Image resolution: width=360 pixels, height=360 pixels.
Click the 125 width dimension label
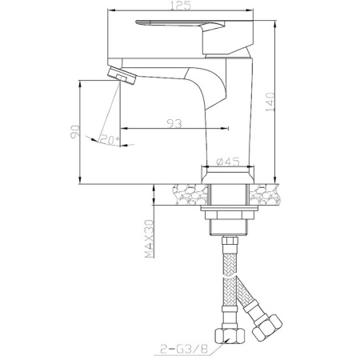pyautogui.click(x=180, y=6)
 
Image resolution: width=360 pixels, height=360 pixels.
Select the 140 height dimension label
pyautogui.click(x=270, y=102)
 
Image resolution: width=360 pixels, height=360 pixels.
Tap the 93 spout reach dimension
pyautogui.click(x=174, y=123)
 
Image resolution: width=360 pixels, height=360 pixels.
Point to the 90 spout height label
pyautogui.click(x=75, y=131)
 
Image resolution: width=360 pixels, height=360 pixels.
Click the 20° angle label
pyautogui.click(x=110, y=139)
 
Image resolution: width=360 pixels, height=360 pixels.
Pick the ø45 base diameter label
pyautogui.click(x=228, y=162)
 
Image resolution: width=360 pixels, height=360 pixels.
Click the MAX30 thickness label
pyautogui.click(x=150, y=238)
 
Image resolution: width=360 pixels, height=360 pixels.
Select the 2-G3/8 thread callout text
pyautogui.click(x=184, y=349)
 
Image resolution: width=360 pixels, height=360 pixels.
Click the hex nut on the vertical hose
pyautogui.click(x=230, y=337)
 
